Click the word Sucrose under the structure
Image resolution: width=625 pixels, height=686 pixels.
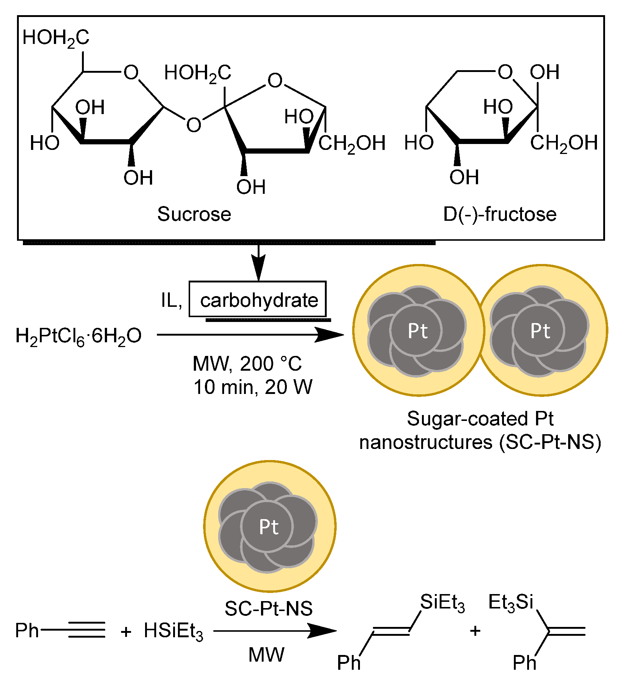[194, 214]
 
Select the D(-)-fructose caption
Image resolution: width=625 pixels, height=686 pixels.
[500, 214]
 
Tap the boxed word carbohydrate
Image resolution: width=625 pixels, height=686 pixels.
[259, 300]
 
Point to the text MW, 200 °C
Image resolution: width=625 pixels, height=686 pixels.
[247, 364]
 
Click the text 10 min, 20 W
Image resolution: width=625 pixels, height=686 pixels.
[253, 387]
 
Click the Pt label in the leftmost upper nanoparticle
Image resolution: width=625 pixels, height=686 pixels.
[418, 330]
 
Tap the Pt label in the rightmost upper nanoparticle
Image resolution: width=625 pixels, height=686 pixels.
[540, 330]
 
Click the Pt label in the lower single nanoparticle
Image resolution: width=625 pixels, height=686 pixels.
[269, 527]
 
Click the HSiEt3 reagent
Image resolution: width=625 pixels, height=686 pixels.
[173, 631]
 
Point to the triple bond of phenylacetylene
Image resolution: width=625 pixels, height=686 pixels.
[86, 630]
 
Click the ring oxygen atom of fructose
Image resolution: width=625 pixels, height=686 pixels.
[505, 72]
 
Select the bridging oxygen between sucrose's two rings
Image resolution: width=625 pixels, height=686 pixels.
[193, 125]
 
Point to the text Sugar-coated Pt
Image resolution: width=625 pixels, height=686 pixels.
[480, 419]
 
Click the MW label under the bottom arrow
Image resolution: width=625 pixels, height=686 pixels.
[266, 655]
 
